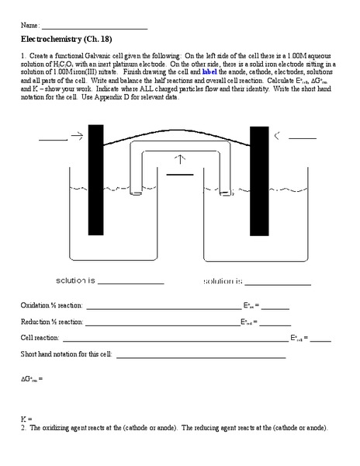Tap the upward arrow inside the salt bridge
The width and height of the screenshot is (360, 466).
click(x=181, y=159)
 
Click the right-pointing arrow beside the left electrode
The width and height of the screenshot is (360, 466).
click(x=77, y=137)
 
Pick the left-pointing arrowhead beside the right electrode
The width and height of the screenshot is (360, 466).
click(x=277, y=136)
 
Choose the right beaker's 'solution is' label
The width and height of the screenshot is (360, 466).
click(x=223, y=280)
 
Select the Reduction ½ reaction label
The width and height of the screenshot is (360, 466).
click(x=52, y=322)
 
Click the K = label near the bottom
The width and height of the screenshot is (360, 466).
click(x=26, y=419)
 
